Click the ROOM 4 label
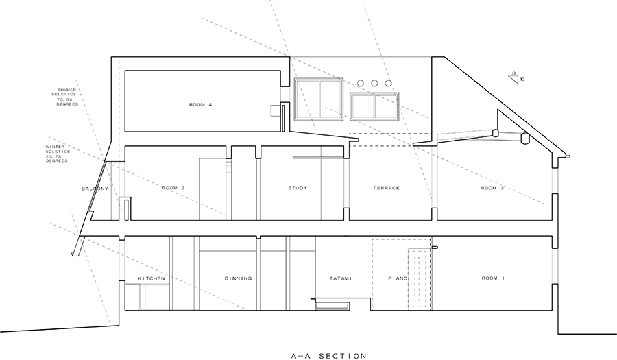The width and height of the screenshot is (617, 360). pos(201,105)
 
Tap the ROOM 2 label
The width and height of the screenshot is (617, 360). pos(173,188)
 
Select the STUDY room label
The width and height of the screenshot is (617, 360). pos(298,188)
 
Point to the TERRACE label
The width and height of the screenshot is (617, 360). pos(387,188)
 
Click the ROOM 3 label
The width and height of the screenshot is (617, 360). pos(492,188)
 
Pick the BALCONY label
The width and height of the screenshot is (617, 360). pos(95,189)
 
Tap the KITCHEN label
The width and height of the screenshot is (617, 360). pos(152,278)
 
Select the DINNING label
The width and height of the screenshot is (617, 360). pos(238,278)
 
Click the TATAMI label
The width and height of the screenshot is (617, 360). pos(340,278)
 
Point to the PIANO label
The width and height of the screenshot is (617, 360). pos(398,278)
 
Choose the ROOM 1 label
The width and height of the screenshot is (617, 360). pos(493,278)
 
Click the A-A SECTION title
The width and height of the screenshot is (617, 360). pos(328,356)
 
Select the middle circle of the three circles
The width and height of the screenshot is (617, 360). pos(374,83)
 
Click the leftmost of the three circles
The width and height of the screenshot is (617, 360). pos(360,83)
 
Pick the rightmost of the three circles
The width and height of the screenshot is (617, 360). pos(389,83)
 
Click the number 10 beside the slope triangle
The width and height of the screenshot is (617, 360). pos(522,80)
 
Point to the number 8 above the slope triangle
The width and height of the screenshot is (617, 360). pos(514,73)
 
